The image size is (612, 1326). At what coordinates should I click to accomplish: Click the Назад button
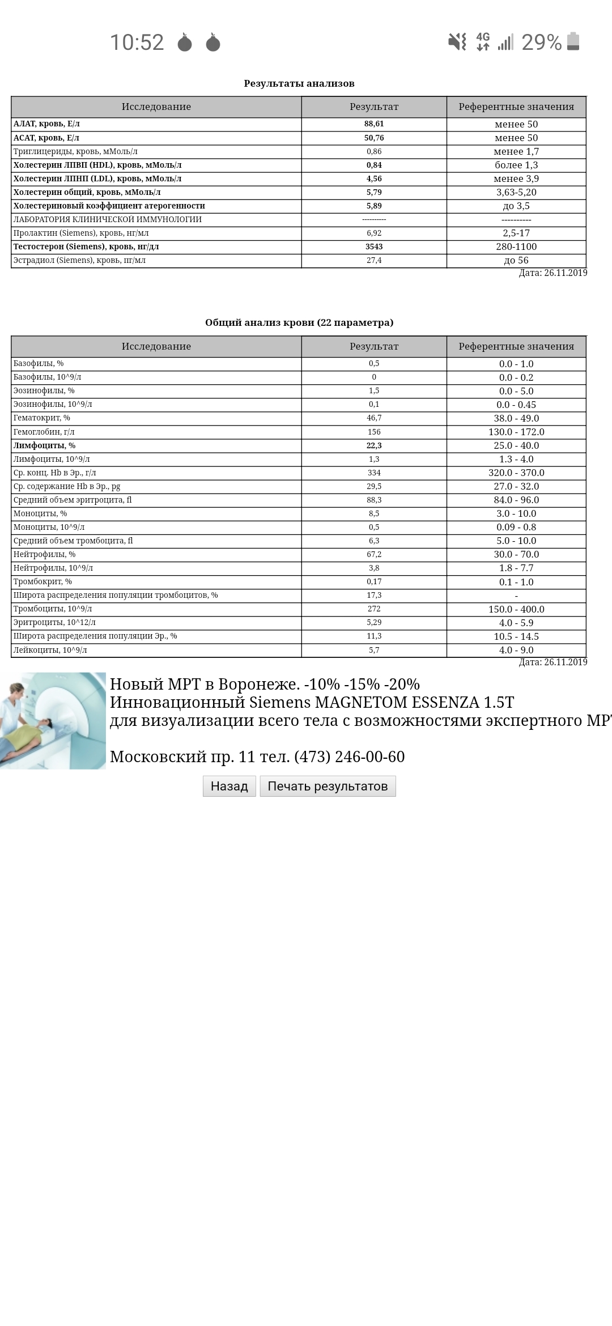[229, 786]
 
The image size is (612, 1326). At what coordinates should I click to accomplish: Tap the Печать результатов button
[328, 786]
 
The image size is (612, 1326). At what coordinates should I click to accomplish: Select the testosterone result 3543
[374, 246]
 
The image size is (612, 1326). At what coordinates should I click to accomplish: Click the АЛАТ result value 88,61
[374, 124]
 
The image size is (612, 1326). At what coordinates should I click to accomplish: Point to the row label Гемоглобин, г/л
[44, 432]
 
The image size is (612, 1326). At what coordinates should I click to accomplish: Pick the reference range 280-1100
[516, 246]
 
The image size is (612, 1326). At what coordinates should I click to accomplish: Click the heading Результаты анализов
[299, 83]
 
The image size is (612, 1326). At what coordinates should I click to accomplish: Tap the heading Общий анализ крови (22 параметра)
[299, 322]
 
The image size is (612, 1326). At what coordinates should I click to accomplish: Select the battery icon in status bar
[573, 41]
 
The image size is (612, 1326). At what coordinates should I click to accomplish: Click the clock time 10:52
[137, 42]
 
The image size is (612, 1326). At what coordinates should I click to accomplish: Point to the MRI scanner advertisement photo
[53, 720]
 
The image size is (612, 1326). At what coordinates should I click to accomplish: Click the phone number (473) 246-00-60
[349, 756]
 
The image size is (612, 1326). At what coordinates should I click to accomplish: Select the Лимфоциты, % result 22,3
[374, 445]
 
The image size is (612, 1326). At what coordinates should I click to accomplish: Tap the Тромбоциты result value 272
[374, 609]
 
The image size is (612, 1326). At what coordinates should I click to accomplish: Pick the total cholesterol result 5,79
[374, 192]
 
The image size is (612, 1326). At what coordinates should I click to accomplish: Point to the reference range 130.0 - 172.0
[516, 432]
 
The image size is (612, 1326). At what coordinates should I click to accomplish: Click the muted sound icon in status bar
[457, 41]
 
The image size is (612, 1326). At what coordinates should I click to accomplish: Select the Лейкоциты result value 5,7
[374, 650]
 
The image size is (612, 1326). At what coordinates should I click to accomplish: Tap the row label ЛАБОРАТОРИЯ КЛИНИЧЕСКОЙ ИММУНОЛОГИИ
[108, 219]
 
